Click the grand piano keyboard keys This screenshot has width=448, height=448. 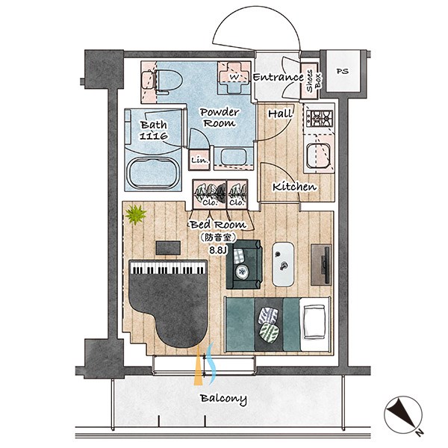[x=168, y=268]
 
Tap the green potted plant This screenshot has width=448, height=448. [x=136, y=214]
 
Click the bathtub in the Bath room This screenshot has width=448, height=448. [x=153, y=173]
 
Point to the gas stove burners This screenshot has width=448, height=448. [x=320, y=119]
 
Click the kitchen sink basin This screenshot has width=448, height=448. [x=319, y=155]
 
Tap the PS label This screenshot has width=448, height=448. [x=343, y=71]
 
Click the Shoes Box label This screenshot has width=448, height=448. [x=314, y=81]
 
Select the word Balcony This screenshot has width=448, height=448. [x=223, y=399]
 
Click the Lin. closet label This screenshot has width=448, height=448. [x=199, y=161]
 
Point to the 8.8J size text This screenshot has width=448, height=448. [x=218, y=251]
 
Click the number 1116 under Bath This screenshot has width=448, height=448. [x=153, y=136]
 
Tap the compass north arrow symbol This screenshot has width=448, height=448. [x=403, y=415]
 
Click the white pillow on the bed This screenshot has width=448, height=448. [x=314, y=322]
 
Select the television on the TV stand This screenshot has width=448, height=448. [x=325, y=264]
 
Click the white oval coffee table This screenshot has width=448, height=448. [x=283, y=264]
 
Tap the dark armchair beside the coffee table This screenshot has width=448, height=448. [x=243, y=264]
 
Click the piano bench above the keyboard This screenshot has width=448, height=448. [x=168, y=248]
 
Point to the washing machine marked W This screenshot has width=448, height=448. [x=233, y=77]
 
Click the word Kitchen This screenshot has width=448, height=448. [x=295, y=187]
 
